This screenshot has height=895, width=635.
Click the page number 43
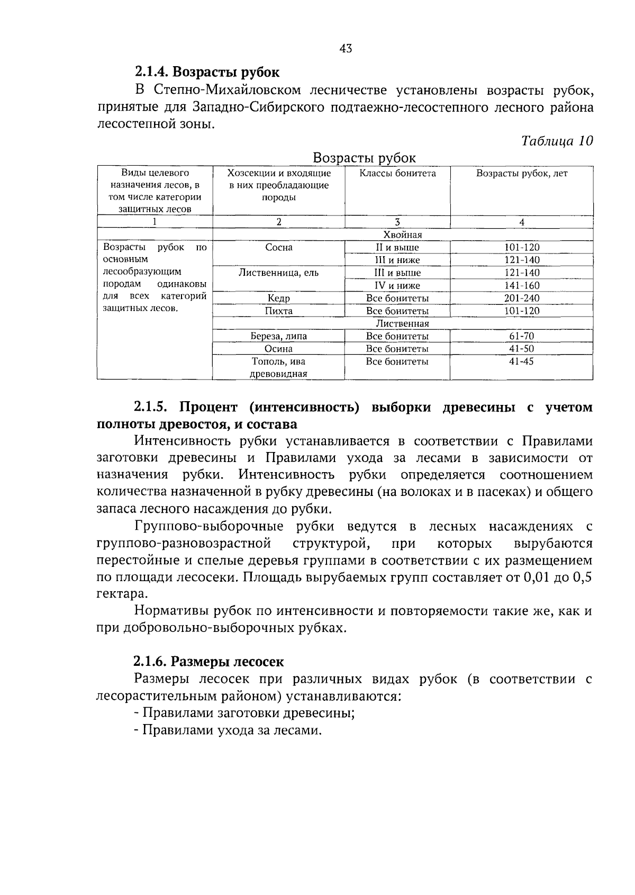pyautogui.click(x=346, y=49)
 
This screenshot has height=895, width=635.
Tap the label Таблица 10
pyautogui.click(x=556, y=141)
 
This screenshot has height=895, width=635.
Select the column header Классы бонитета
pyautogui.click(x=397, y=174)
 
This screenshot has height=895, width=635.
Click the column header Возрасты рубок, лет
pyautogui.click(x=521, y=174)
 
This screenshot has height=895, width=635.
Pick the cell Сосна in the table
pyautogui.click(x=279, y=247)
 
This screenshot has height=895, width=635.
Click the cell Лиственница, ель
pyautogui.click(x=279, y=273)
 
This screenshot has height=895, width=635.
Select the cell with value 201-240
pyautogui.click(x=521, y=298)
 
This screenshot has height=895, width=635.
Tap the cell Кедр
pyautogui.click(x=279, y=298)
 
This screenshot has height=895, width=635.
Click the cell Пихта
pyautogui.click(x=279, y=311)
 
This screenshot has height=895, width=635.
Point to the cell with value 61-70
pyautogui.click(x=521, y=336)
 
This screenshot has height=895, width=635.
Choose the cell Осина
pyautogui.click(x=279, y=349)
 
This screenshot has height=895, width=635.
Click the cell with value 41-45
pyautogui.click(x=521, y=361)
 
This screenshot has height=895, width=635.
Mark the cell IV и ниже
pyautogui.click(x=397, y=285)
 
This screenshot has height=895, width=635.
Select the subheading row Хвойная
pyautogui.click(x=402, y=234)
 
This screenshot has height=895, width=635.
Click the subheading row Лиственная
pyautogui.click(x=402, y=323)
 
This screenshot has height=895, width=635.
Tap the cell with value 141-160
pyautogui.click(x=521, y=285)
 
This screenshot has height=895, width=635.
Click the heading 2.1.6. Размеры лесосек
pyautogui.click(x=208, y=662)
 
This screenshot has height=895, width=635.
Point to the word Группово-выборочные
pyautogui.click(x=208, y=527)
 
